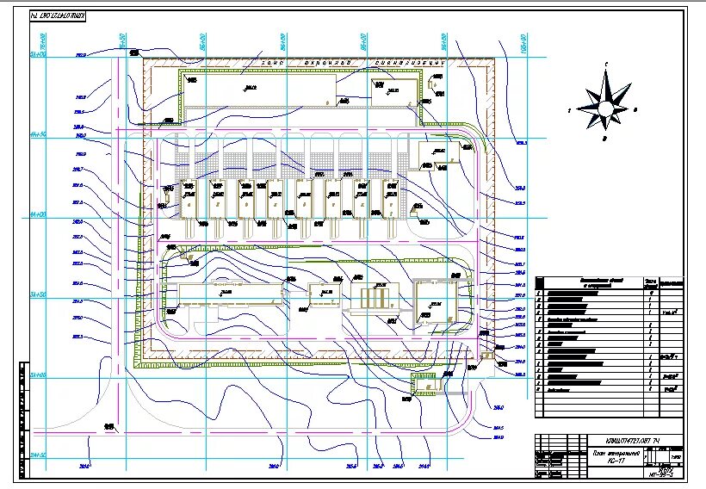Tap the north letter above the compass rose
tap(606, 65)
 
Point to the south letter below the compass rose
tap(606, 138)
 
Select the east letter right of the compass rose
tap(635, 110)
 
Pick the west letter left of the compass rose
tap(570, 111)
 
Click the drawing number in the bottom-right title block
tap(631, 442)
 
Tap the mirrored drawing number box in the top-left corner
tap(63, 16)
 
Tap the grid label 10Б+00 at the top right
tap(523, 40)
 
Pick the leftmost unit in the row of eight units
tap(190, 201)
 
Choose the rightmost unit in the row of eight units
tap(389, 201)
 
